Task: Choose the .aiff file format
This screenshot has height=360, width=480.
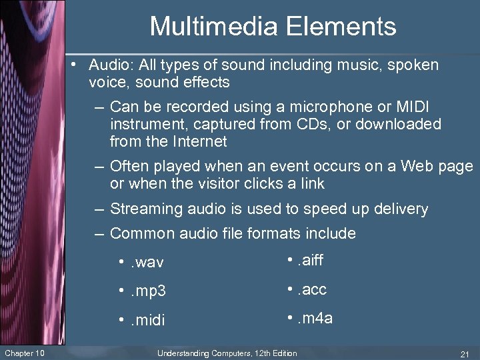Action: click(x=309, y=260)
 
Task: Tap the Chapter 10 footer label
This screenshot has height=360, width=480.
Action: click(x=24, y=353)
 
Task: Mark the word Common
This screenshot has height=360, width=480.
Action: click(x=139, y=233)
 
